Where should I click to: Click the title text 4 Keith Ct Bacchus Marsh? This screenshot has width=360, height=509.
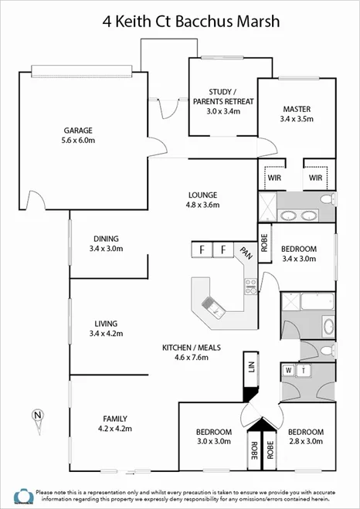pos(180,21)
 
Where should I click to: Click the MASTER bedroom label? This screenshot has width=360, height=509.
pos(297,109)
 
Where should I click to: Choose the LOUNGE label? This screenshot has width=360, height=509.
pos(202,195)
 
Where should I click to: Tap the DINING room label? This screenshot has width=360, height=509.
pos(106,239)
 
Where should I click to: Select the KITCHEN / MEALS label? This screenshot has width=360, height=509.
pos(192,348)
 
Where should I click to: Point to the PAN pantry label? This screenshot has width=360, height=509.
pos(246,253)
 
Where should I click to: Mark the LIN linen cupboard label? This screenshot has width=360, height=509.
pos(250,367)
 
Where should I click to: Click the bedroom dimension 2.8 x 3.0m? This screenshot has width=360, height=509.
pos(304,442)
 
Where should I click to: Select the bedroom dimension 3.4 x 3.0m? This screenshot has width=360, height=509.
pos(297,260)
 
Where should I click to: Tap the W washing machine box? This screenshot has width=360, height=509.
pos(289,370)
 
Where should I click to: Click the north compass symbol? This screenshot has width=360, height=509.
pos(36,416)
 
